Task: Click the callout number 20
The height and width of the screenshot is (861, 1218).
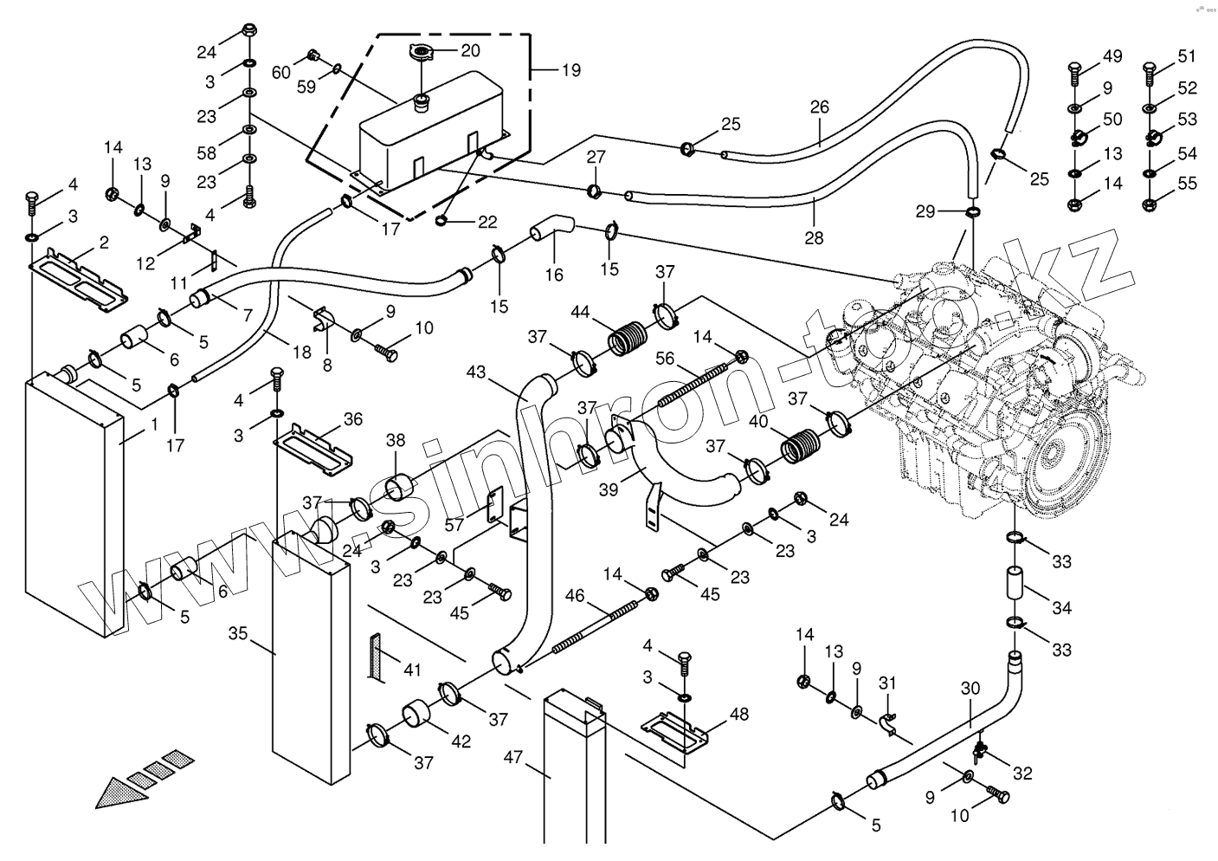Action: point(470,50)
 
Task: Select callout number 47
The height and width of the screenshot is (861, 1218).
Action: point(513,757)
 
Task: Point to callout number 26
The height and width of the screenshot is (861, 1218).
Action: point(820,107)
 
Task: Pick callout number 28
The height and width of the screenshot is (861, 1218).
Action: point(814,237)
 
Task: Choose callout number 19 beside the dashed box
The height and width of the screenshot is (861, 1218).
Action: point(571,70)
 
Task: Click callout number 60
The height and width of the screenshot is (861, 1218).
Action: point(281,72)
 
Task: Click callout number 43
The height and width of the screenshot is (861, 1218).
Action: point(476,372)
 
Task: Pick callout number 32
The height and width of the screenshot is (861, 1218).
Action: point(1022,774)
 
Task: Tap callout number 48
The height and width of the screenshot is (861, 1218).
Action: point(738,715)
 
